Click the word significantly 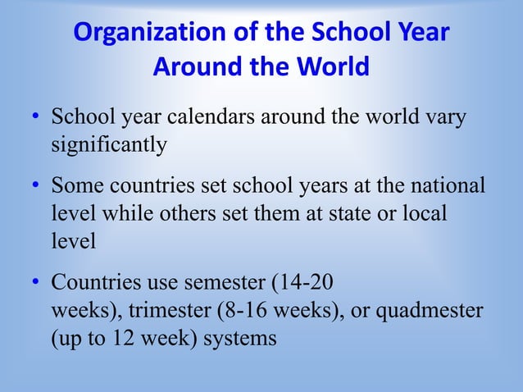109,146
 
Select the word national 443,185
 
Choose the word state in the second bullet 348,213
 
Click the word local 421,213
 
